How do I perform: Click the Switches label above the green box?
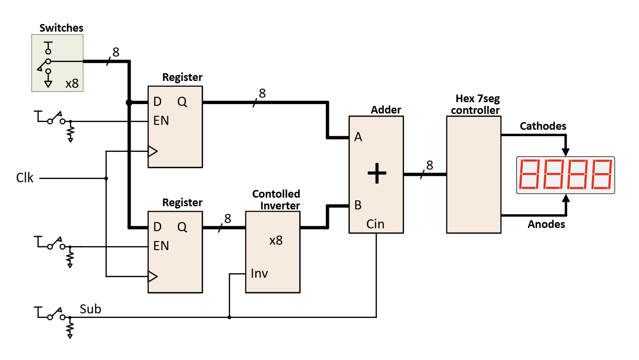[61, 28]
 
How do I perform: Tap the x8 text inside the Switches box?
[72, 84]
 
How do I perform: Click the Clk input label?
[25, 178]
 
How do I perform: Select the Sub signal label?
[90, 309]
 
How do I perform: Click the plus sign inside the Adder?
[376, 174]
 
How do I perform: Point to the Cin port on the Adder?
[376, 224]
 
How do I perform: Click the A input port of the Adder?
[358, 137]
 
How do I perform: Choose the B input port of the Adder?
[358, 205]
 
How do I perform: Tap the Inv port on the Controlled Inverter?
[259, 274]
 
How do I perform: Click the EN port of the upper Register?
[161, 121]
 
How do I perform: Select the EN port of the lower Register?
[161, 246]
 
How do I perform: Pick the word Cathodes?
[543, 126]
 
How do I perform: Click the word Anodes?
[546, 224]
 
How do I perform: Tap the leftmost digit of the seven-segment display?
[530, 175]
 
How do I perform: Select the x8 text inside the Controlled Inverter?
[276, 241]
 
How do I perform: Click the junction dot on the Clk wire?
[106, 178]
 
